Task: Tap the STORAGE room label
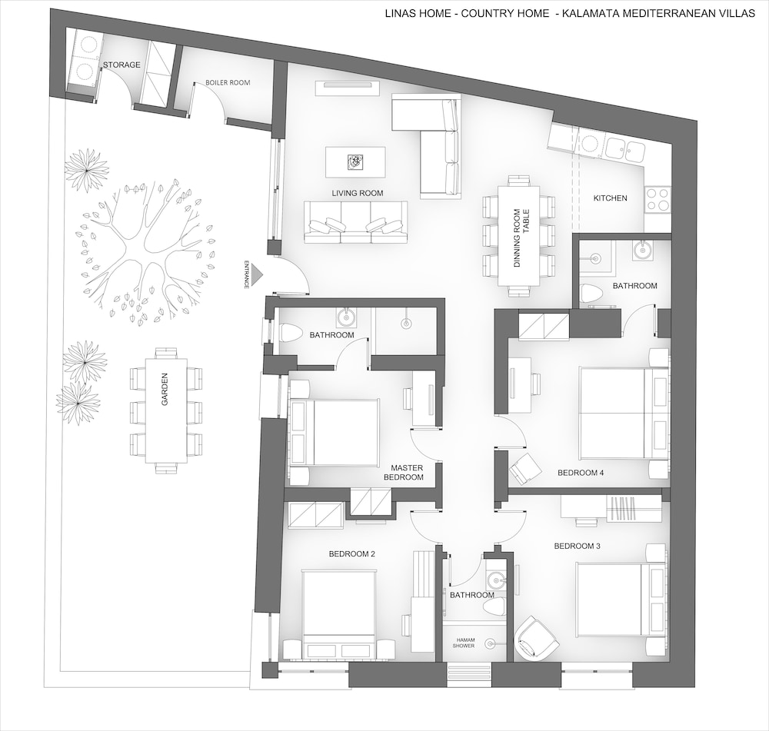[x=122, y=65]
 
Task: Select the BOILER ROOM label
[x=228, y=82]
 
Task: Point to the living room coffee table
[x=355, y=162]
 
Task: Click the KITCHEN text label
[x=610, y=198]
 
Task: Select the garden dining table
[x=167, y=410]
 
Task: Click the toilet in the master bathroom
[x=289, y=333]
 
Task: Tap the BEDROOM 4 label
[x=581, y=473]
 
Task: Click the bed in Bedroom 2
[x=339, y=614]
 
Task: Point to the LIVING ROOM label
[x=358, y=193]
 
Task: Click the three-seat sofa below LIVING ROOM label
[x=355, y=222]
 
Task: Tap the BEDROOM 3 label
[x=578, y=547]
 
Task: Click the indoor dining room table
[x=519, y=236]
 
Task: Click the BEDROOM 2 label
[x=352, y=554]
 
